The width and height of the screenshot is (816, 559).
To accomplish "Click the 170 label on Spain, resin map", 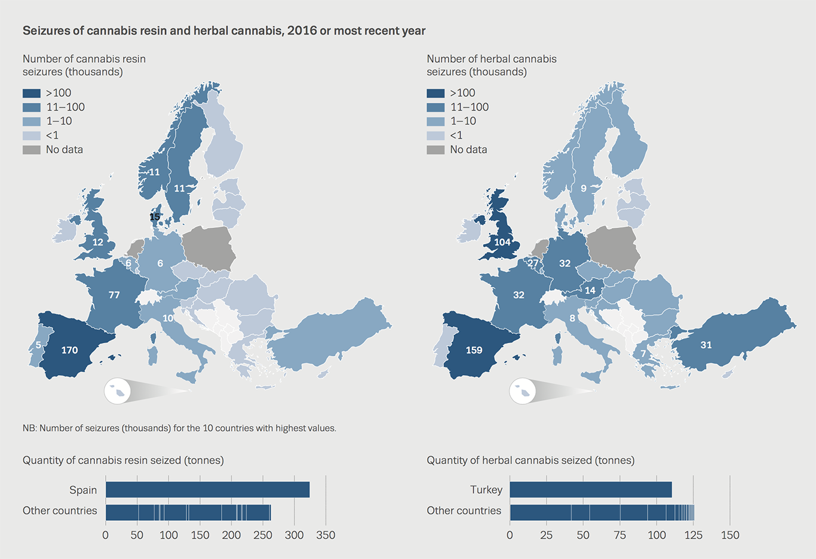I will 69,350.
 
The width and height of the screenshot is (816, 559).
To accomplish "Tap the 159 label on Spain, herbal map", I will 474,350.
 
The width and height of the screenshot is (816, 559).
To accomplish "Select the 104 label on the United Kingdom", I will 502,242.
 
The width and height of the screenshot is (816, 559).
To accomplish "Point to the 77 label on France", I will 114,294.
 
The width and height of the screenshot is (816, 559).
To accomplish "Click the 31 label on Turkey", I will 706,345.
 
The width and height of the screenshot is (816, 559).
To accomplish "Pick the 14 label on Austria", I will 590,291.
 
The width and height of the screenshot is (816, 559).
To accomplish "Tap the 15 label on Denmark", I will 155,217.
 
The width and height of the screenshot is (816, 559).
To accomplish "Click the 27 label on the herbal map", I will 533,263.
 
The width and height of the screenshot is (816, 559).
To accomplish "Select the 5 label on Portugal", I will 38,345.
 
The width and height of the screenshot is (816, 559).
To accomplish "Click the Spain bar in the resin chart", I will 207,490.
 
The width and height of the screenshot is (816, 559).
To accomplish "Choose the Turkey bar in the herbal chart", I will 590,490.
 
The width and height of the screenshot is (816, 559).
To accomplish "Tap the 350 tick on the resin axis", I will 326,535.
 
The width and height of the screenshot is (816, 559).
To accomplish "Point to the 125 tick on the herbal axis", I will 694,535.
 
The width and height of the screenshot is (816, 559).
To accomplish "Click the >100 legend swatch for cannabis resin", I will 32,93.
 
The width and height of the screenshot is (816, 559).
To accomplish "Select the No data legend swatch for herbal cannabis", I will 435,150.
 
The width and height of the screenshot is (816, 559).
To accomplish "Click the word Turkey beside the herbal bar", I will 486,490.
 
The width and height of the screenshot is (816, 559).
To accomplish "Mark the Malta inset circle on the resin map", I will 118,391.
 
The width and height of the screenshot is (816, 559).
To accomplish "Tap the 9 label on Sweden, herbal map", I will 584,188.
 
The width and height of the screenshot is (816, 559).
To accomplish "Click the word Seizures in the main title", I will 45,30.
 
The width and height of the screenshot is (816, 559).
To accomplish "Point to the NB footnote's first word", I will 29,428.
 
